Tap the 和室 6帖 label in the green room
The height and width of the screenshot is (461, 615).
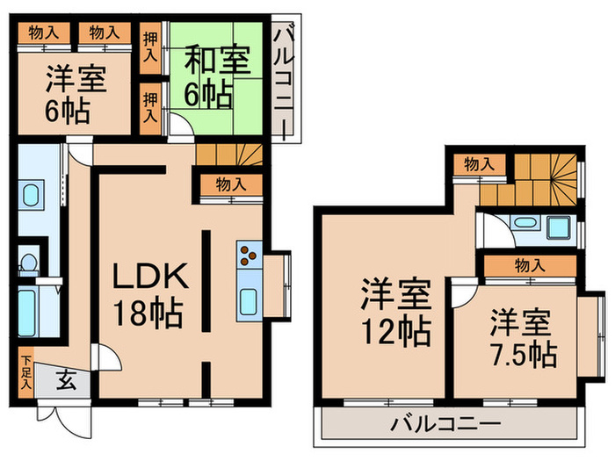[217, 75]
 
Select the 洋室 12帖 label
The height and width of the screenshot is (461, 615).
[395, 313]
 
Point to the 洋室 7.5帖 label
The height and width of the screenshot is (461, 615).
[522, 337]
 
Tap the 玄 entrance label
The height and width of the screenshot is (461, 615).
[67, 380]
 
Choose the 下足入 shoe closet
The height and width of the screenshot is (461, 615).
[26, 371]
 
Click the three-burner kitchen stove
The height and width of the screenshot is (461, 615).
[248, 256]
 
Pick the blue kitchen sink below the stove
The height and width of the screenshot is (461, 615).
[249, 301]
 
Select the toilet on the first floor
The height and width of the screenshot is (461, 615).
[27, 263]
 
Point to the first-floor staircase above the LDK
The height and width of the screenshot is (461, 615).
[229, 155]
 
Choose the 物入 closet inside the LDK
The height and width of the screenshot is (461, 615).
[229, 184]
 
